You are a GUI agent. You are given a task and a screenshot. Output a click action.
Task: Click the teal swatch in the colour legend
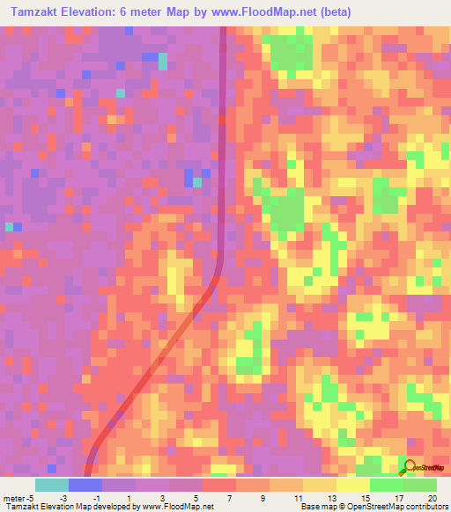[51, 485]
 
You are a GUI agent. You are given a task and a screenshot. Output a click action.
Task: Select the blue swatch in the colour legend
[85, 485]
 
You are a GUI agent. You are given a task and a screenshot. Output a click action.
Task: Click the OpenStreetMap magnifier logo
[410, 467]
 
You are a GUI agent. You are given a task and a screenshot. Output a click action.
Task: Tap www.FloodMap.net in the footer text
[180, 507]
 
